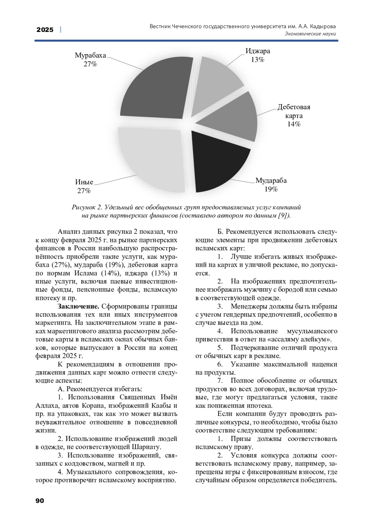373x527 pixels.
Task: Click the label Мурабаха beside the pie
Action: [x=90, y=55]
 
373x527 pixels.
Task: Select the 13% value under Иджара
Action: [x=258, y=60]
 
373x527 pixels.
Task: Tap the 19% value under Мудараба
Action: [x=271, y=189]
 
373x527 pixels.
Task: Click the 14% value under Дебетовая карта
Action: [x=294, y=124]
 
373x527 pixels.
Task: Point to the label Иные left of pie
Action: [x=84, y=182]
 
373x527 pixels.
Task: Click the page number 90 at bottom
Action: [x=40, y=501]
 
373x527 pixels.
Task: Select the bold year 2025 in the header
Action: [x=45, y=30]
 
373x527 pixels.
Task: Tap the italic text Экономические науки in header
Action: [x=310, y=34]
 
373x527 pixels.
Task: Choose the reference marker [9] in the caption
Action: [x=284, y=216]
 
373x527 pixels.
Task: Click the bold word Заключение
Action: [x=78, y=307]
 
